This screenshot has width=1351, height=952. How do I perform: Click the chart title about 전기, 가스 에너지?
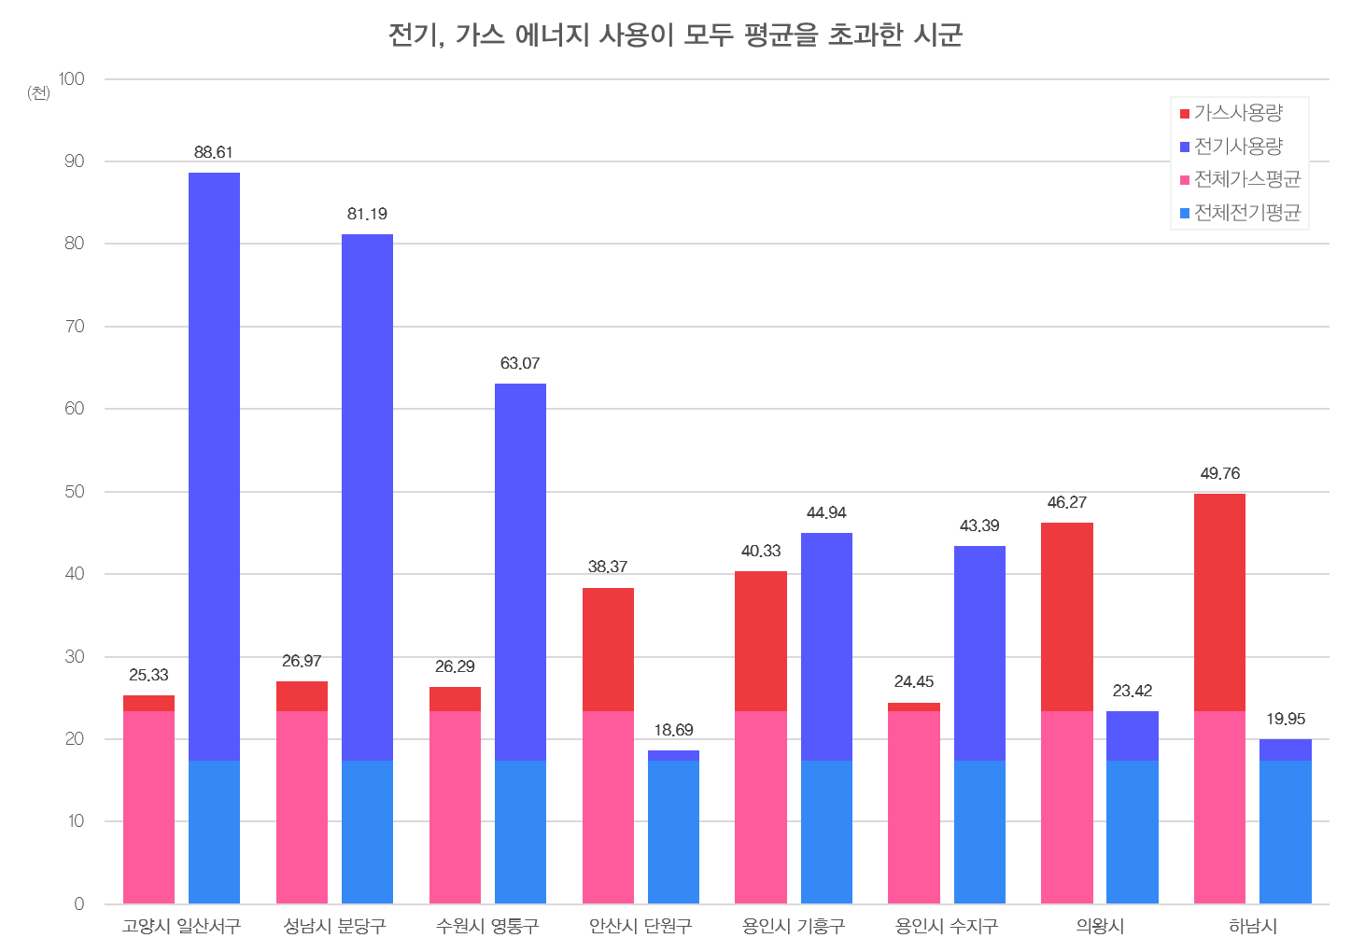coord(674,36)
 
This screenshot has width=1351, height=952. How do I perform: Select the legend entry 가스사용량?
coord(1237,113)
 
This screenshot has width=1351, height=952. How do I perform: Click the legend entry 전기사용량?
coord(1237,147)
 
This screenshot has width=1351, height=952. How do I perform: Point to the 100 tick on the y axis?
coord(72,79)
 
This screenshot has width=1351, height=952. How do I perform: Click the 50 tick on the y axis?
coord(74,492)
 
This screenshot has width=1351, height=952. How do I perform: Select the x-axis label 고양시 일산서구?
coord(181,927)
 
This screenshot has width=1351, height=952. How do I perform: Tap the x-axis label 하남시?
coord(1252,927)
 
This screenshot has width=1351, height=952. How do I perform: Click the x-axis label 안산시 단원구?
coord(640,927)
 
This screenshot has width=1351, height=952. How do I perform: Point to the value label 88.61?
coord(214,152)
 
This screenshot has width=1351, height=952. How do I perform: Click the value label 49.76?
coord(1219,474)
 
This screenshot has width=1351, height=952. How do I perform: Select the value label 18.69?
coord(673,731)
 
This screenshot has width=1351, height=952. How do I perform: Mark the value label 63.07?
coord(520,364)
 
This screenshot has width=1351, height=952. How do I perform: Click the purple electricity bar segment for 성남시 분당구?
coord(367,495)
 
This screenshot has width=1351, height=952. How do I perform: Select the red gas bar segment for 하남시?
coord(1219,602)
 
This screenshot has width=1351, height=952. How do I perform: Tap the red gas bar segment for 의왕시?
coord(1066,616)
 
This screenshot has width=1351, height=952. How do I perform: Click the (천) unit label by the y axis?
coord(38,93)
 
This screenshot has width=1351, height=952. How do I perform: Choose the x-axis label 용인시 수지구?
coord(946,927)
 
